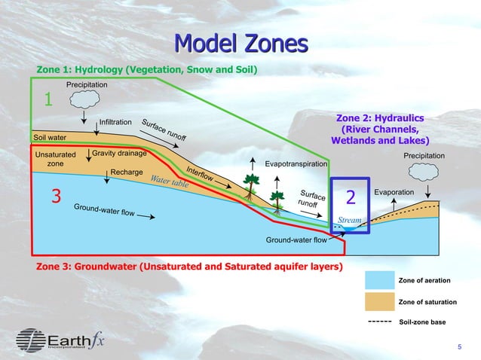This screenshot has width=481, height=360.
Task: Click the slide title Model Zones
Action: pos(240,43)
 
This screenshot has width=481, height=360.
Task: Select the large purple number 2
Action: pos(350,197)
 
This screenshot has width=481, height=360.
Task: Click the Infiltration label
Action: pos(116,121)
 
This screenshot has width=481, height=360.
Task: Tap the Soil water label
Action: pos(50,138)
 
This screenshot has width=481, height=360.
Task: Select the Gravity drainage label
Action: pos(119,154)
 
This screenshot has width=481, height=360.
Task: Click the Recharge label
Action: pos(126,172)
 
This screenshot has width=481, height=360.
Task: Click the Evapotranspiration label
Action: pos(296,163)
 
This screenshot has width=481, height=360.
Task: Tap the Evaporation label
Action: pos(394,193)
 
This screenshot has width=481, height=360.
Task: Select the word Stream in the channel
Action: pos(349,221)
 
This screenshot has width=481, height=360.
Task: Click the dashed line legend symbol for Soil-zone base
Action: pos(378,322)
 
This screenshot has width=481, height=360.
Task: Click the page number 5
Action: pos(460,346)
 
